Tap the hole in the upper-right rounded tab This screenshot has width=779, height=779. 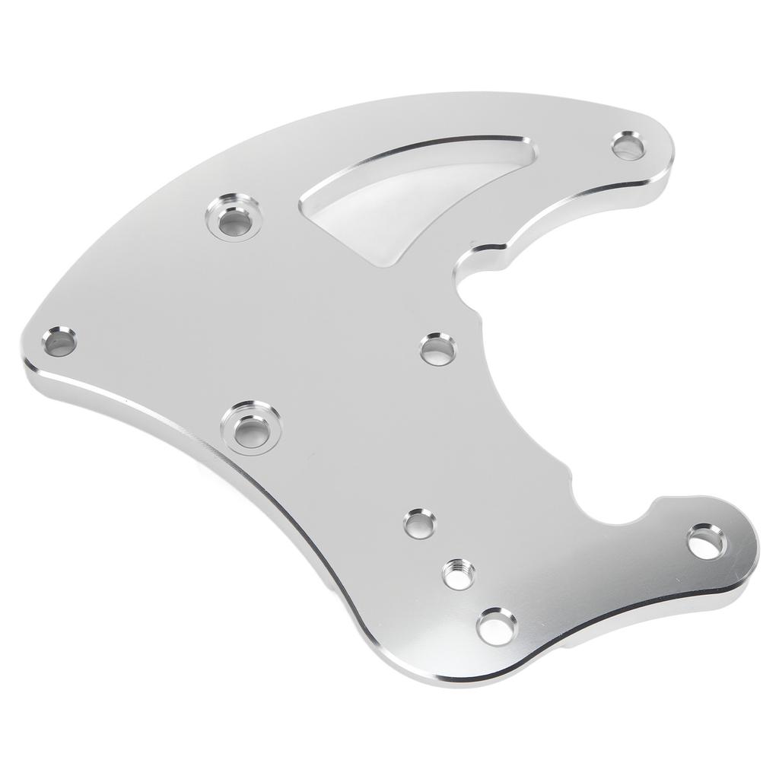pyautogui.click(x=628, y=144)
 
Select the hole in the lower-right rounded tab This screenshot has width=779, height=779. pyautogui.click(x=706, y=542)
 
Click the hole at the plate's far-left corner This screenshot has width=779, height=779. pyautogui.click(x=59, y=342)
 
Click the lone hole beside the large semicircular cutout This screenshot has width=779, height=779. pyautogui.click(x=438, y=348)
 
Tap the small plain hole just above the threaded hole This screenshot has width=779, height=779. pyautogui.click(x=420, y=523)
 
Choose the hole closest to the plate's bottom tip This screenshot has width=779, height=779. pyautogui.click(x=496, y=626)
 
